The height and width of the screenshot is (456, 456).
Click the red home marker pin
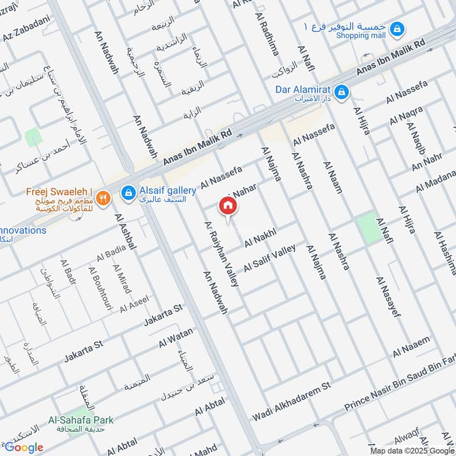228,206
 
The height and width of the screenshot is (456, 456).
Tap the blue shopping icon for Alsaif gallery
128,194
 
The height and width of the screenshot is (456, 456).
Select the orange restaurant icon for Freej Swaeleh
103,198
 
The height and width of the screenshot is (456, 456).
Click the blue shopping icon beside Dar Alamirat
341,91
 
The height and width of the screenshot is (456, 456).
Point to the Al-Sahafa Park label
81,420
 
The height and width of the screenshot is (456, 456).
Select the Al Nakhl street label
260,238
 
